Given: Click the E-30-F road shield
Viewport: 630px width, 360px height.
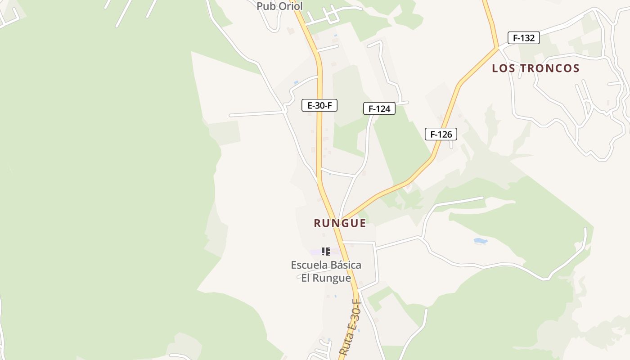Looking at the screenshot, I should [x=319, y=106].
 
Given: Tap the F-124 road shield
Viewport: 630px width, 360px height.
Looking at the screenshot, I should [x=379, y=108].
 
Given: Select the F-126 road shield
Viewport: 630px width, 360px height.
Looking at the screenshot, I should [x=441, y=134].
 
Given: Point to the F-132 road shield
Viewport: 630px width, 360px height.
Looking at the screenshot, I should [x=523, y=38].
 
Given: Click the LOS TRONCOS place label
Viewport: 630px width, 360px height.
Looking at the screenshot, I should [x=535, y=68].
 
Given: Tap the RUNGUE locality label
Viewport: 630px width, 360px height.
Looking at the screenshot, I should [x=340, y=223].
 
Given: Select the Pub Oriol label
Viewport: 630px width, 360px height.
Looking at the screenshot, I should [x=279, y=6].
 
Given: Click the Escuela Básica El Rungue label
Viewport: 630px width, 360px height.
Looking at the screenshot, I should [x=326, y=271].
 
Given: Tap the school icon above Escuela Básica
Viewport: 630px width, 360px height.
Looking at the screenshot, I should [x=326, y=252].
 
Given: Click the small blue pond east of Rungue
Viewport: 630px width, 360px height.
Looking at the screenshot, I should [x=481, y=241].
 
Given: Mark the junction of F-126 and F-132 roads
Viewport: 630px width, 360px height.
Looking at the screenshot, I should [x=498, y=47].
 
